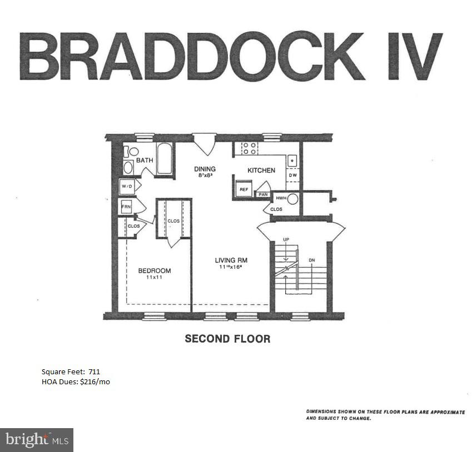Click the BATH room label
pos(145,160)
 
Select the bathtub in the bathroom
pos(165,159)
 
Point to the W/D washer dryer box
pos(127,187)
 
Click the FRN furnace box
pos(126,207)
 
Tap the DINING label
pos(205,169)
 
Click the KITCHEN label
pos(261,170)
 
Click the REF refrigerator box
pos(244,189)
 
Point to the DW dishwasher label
pos(293,175)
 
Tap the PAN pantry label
pos(263,195)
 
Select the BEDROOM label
pos(155,271)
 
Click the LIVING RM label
pos(231,260)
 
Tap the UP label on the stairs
pos(286,239)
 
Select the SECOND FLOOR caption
pos(227,338)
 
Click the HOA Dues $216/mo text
pos(76,381)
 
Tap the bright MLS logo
pos(37,440)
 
